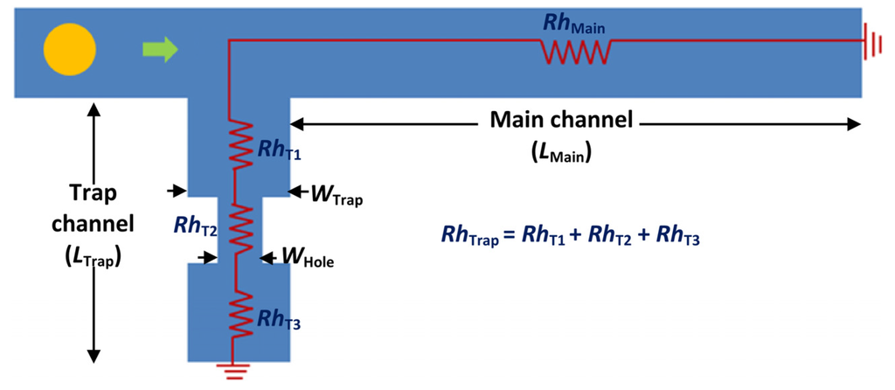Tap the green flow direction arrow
[160, 51]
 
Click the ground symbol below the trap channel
[233, 373]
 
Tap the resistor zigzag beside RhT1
[234, 144]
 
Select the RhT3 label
[280, 319]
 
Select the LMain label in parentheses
[562, 152]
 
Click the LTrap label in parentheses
[93, 258]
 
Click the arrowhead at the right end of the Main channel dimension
[853, 124]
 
